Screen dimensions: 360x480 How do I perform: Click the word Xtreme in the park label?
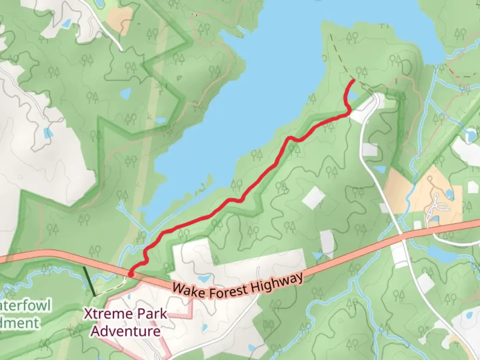[102, 314]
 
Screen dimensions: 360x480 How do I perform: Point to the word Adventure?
[126, 331]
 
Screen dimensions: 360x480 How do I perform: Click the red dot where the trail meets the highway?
[131, 274]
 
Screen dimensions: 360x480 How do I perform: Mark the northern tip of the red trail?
[353, 80]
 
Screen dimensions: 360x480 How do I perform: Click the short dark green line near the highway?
[90, 281]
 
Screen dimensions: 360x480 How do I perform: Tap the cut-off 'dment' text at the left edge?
[20, 323]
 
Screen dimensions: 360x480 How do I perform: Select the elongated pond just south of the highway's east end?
[441, 253]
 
